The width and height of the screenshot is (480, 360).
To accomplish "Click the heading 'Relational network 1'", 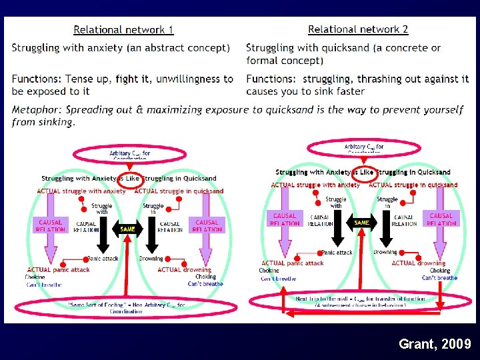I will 123,29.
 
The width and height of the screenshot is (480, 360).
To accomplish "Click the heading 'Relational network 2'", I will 358,29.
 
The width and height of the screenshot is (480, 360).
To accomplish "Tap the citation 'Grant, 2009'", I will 434,344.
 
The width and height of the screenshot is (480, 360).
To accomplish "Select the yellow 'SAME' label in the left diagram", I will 127,229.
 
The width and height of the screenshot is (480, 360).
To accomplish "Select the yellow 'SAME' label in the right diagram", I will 361,223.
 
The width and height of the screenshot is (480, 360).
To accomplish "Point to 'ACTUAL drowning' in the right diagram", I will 418,263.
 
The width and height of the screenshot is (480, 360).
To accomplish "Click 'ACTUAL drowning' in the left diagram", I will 184,270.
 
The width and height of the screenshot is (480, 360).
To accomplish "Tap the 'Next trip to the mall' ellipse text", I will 360,301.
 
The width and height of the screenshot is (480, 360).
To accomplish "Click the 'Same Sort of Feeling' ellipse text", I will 127,306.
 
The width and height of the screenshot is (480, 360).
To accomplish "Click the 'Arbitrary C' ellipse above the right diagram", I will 364,148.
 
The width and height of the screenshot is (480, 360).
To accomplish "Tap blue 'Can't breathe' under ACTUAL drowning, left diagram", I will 205,284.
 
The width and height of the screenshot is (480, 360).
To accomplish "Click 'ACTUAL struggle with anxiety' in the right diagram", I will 315,185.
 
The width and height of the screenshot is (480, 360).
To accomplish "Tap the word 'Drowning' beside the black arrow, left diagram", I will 151,259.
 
